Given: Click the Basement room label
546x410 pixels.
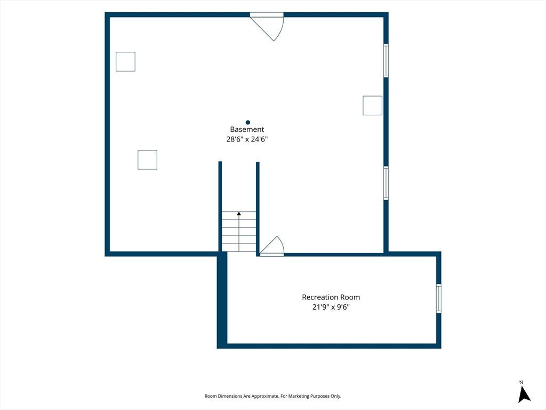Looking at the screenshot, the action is coord(247,129).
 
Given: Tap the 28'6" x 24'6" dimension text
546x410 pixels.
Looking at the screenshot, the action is coord(247,139).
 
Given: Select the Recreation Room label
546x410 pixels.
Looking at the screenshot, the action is coord(331,297).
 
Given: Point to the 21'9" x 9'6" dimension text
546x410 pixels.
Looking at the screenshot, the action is coord(331,307).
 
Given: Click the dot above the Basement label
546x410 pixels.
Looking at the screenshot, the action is coord(248,122).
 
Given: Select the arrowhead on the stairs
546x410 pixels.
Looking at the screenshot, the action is coord(239,214).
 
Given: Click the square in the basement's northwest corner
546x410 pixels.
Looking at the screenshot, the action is coord(125,62).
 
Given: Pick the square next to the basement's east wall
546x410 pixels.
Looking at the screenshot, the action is coord(372,105).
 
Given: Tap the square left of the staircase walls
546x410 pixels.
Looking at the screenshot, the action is coord(147,160).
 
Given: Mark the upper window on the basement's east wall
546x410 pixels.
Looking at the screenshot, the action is coord(386,60).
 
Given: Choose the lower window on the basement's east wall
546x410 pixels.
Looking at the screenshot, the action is coord(386,184).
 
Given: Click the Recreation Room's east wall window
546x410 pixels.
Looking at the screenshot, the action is coord(439,298).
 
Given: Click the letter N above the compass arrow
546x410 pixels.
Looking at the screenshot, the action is coord(521,382).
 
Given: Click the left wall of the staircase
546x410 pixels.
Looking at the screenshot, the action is coord(220,207).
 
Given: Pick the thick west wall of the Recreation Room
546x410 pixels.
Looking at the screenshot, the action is coord(222,300).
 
